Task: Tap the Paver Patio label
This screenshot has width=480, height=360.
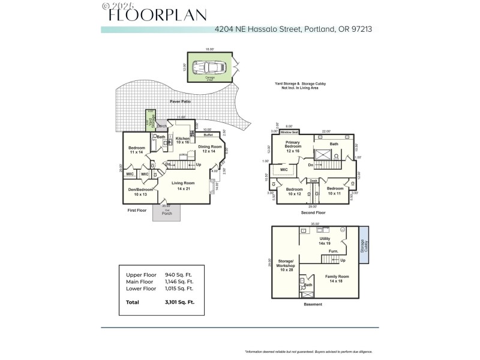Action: pyautogui.click(x=179, y=102)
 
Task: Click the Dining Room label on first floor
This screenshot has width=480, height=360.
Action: pyautogui.click(x=210, y=148)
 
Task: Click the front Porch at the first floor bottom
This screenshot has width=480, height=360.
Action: pyautogui.click(x=167, y=212)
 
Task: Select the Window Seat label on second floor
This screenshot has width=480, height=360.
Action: pyautogui.click(x=290, y=131)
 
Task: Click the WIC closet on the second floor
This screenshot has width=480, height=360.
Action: pyautogui.click(x=284, y=170)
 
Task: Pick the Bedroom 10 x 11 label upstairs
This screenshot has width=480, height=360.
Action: pyautogui.click(x=335, y=191)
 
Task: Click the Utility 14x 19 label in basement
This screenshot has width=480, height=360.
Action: pyautogui.click(x=325, y=241)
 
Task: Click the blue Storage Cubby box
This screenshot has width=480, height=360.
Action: pyautogui.click(x=364, y=245)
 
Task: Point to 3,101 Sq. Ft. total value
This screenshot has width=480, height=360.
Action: pyautogui.click(x=180, y=302)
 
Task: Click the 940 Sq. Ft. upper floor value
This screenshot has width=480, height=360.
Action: pyautogui.click(x=179, y=275)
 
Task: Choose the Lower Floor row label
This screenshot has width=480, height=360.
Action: pyautogui.click(x=141, y=288)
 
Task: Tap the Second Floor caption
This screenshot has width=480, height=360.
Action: pyautogui.click(x=313, y=213)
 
